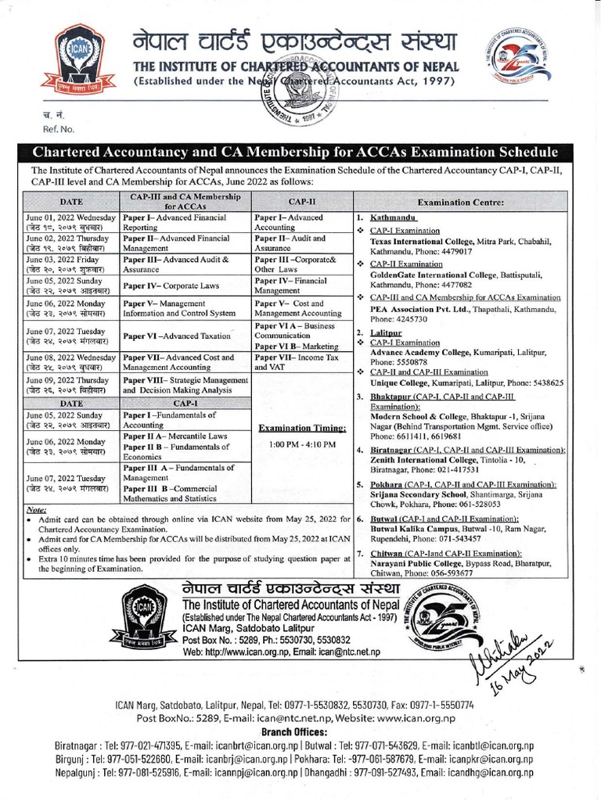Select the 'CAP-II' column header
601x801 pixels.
302,200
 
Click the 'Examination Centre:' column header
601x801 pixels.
460,201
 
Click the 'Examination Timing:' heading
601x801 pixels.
302,429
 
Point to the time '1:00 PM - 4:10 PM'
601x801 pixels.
302,445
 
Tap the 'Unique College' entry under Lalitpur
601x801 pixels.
399,383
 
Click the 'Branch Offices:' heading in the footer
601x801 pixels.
300,731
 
